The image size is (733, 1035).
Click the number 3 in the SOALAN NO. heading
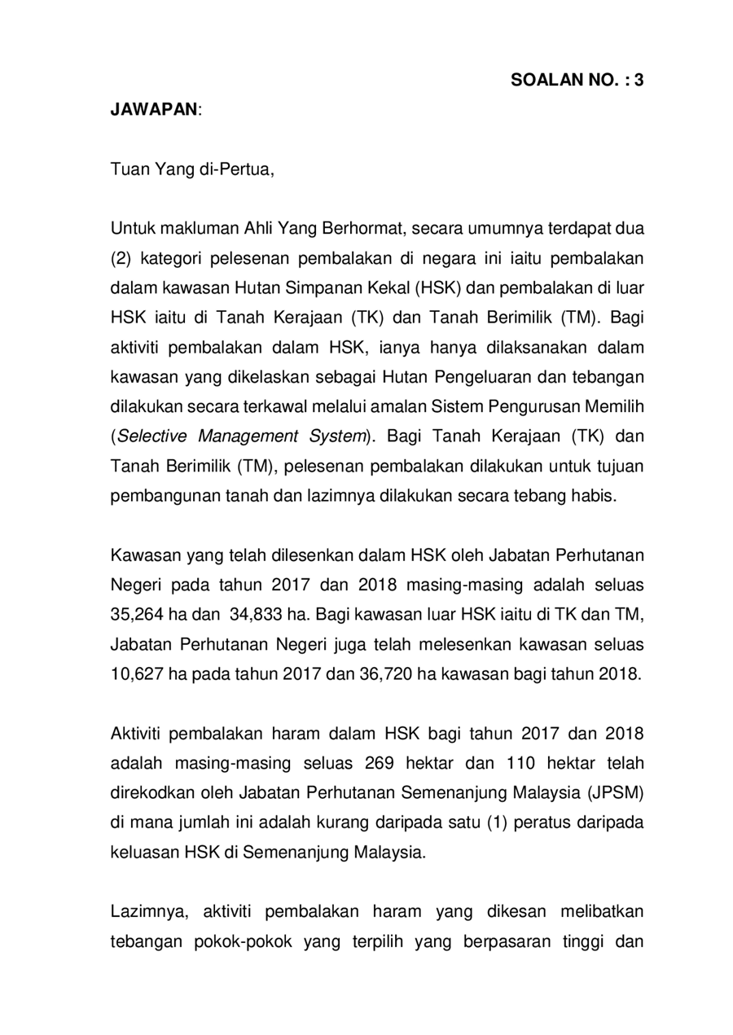pyautogui.click(x=639, y=80)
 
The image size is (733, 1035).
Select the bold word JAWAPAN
pyautogui.click(x=154, y=109)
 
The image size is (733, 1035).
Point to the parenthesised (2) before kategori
pyautogui.click(x=121, y=260)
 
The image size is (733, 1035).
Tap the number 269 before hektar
pyautogui.click(x=381, y=762)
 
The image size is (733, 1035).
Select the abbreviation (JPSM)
pyautogui.click(x=615, y=792)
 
